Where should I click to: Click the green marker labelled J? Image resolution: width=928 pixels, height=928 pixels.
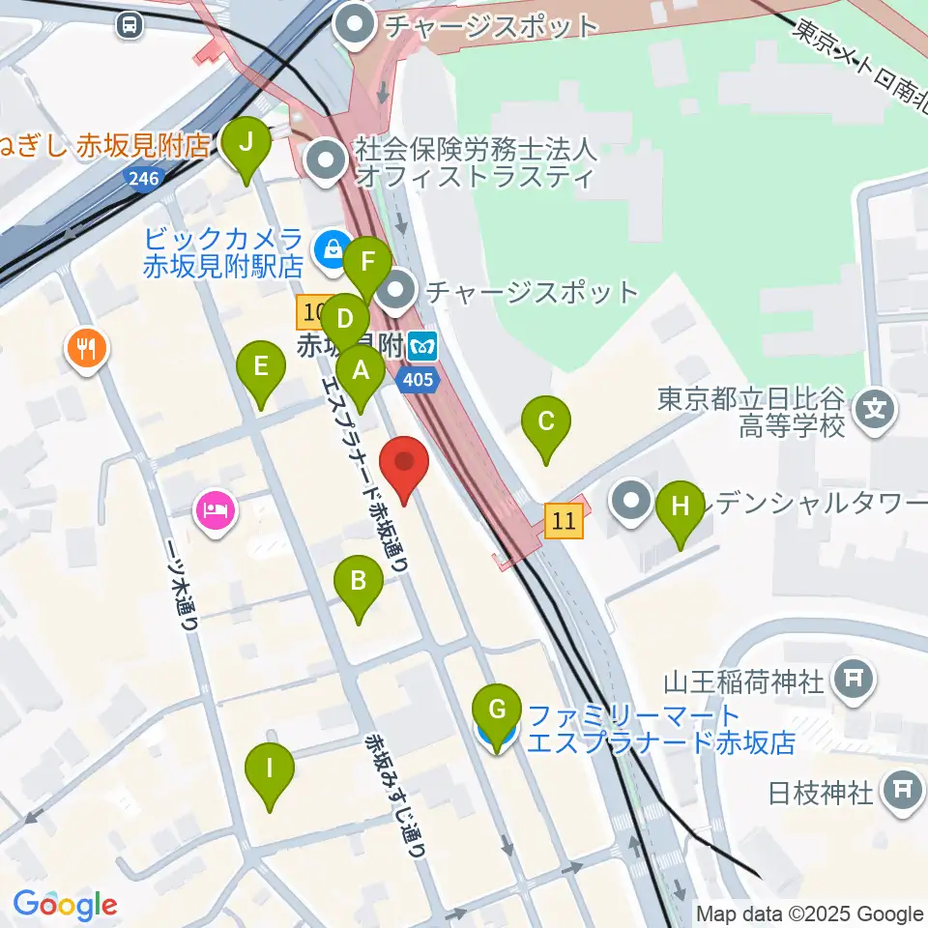click(246, 145)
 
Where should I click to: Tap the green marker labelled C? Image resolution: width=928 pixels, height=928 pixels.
click(546, 422)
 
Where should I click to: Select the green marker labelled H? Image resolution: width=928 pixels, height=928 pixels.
click(681, 507)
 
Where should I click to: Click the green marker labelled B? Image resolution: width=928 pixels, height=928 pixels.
click(359, 583)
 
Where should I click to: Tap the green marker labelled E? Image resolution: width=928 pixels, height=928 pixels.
click(261, 368)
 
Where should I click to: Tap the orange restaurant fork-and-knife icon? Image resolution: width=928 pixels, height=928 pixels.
click(88, 348)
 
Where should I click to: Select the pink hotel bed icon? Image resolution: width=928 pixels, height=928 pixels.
click(216, 508)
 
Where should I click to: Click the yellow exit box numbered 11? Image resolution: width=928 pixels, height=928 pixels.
click(565, 522)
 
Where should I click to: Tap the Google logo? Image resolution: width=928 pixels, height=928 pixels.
click(65, 905)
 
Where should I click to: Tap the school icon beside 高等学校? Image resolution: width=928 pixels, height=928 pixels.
click(875, 410)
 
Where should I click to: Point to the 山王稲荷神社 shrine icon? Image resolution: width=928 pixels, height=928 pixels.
click(854, 681)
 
